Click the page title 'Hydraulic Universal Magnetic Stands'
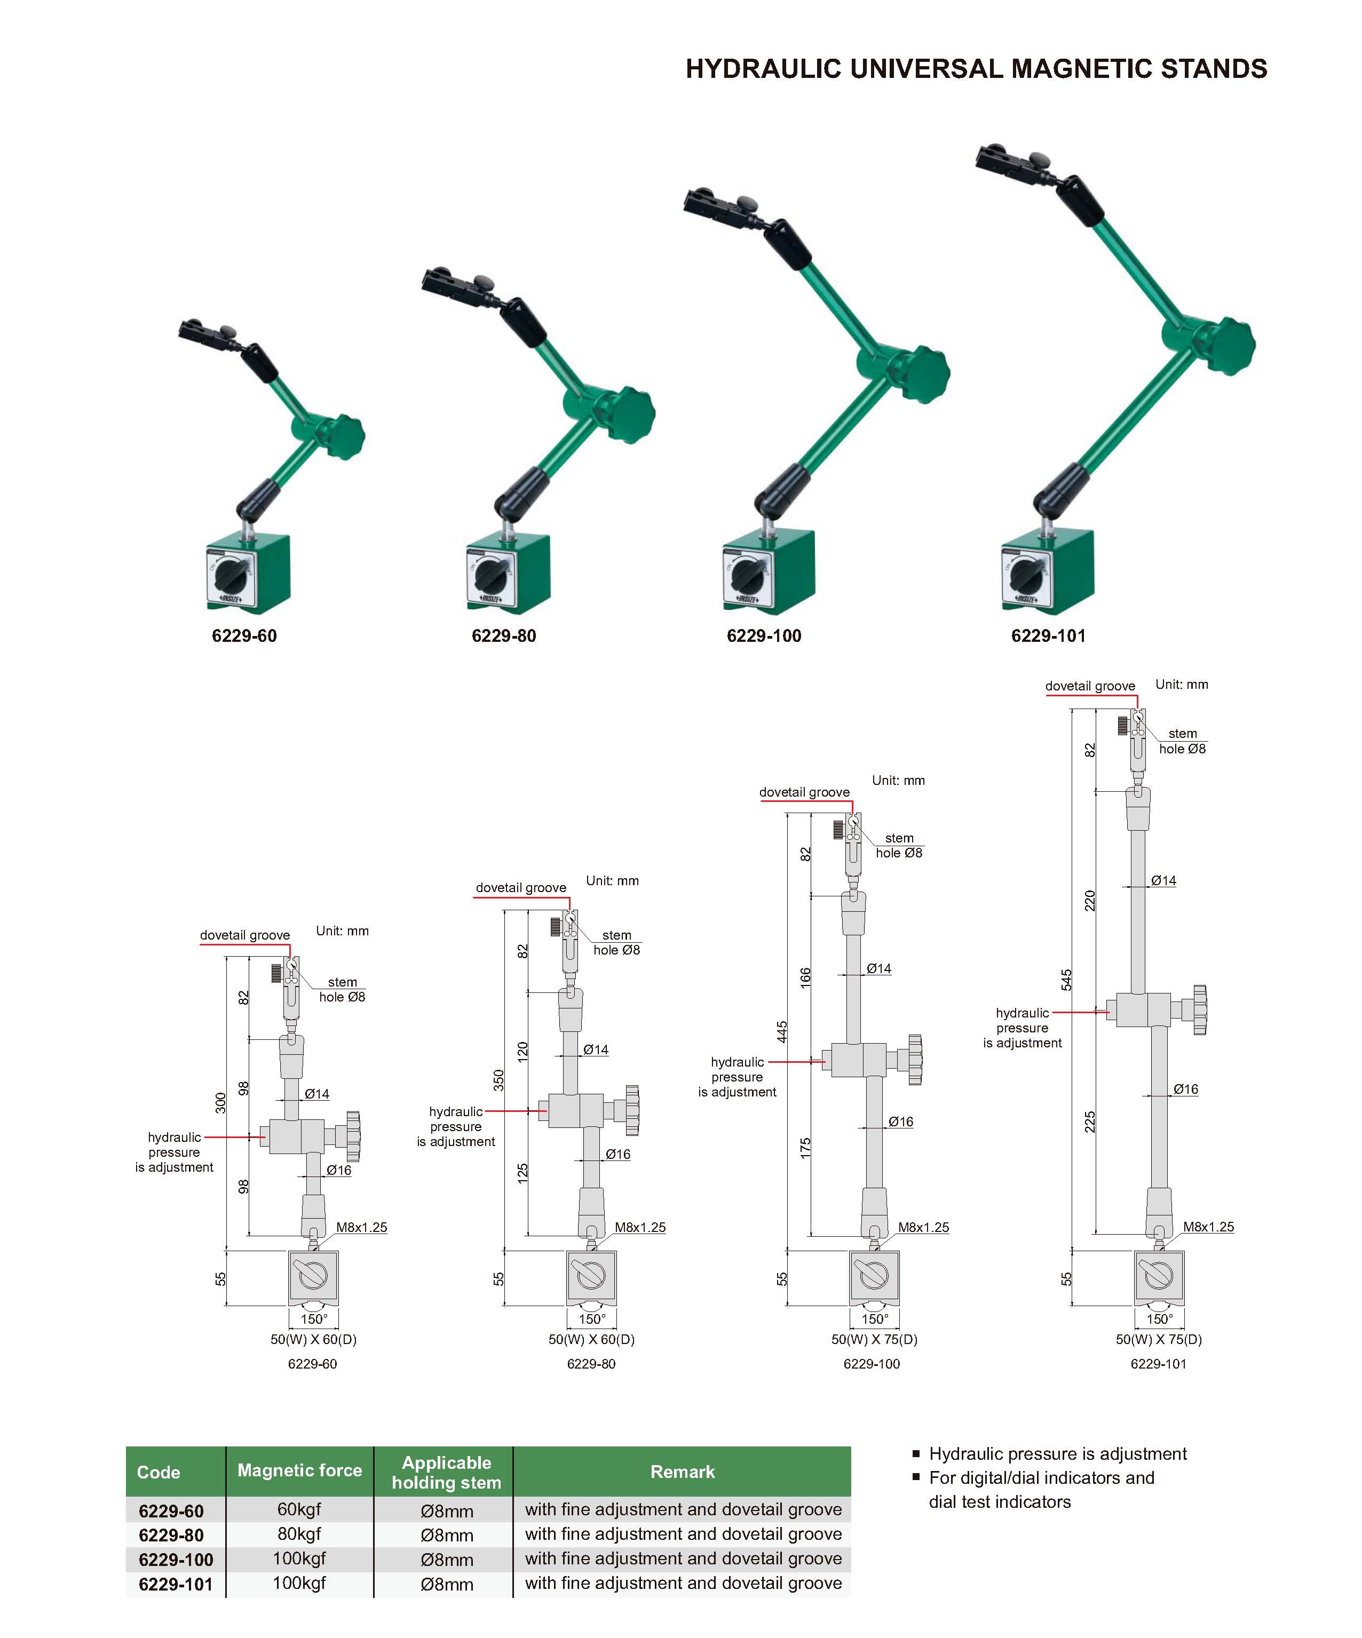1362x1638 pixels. pos(976,69)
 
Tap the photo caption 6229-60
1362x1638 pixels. pos(244,635)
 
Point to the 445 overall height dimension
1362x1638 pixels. pos(782,1031)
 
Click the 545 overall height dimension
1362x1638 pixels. pos(1066,980)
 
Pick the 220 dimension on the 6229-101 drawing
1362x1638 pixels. pos(1090,900)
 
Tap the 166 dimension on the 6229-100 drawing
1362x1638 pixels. pos(806,977)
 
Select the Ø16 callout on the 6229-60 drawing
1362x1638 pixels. pos(338,1170)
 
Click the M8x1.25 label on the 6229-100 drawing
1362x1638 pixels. pos(924,1227)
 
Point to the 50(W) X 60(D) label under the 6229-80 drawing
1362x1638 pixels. pos(591,1339)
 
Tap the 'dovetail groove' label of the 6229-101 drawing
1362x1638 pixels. pos(1090,686)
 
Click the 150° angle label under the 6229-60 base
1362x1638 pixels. pos(314,1319)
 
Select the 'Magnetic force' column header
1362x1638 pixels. pos(299,1470)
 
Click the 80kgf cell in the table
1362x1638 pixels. pos(299,1533)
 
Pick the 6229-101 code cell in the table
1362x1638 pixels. pos(176,1584)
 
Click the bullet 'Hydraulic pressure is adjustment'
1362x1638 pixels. pos(1057,1454)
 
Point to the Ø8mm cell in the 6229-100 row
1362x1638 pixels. pos(447,1559)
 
